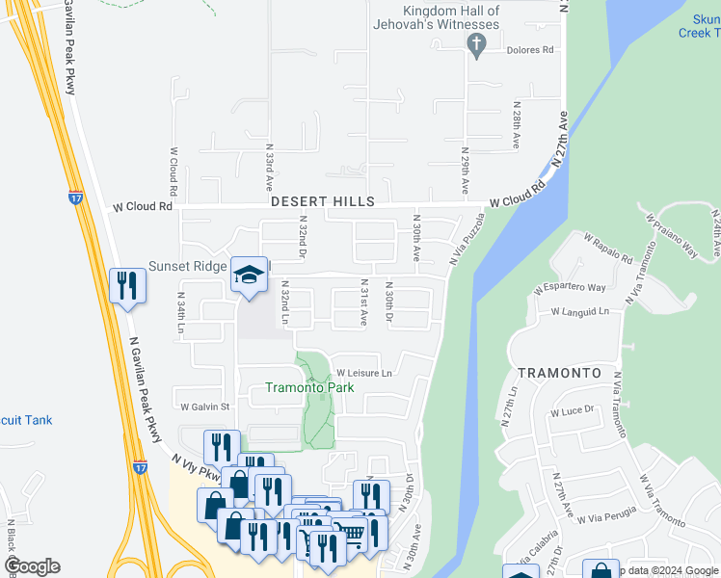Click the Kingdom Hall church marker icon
[474, 43]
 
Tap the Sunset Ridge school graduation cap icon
[249, 275]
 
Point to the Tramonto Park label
[309, 387]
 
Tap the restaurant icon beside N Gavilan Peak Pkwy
[127, 285]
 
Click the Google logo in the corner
[32, 566]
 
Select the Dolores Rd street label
[533, 50]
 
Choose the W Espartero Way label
[570, 287]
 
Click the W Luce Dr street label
[572, 410]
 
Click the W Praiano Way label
[672, 234]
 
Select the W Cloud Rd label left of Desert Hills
[143, 206]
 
